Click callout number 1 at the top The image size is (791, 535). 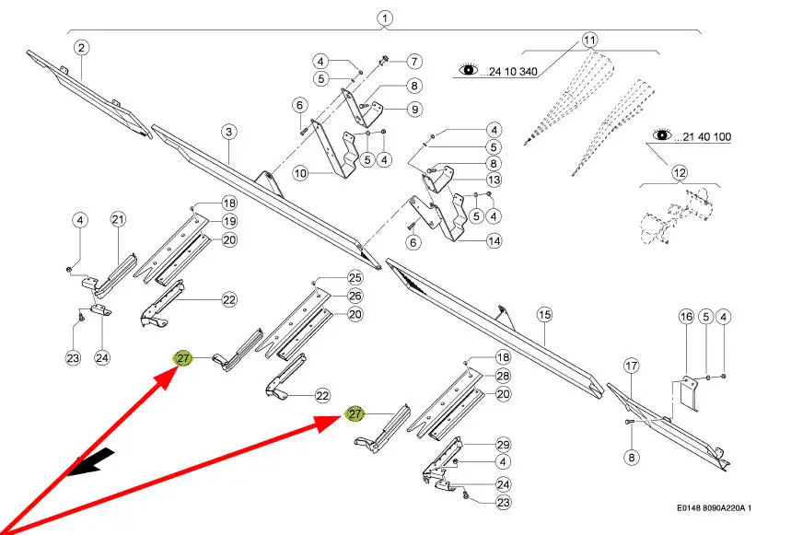coord(384,17)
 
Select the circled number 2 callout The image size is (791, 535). coord(81,47)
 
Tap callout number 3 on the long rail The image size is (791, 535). coord(228,132)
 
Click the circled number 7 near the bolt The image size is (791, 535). coord(414,62)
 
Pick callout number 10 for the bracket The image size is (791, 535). coord(300,172)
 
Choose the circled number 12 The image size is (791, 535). coord(680,172)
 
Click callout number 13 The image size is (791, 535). coord(494,180)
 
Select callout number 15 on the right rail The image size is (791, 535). coord(544,315)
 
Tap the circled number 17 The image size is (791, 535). coord(631,366)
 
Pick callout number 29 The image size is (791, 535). coord(503,445)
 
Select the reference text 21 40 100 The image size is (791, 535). coord(706,136)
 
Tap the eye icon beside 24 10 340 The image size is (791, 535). coord(469,69)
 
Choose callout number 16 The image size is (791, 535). coord(686,317)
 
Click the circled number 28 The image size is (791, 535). coord(503,376)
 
